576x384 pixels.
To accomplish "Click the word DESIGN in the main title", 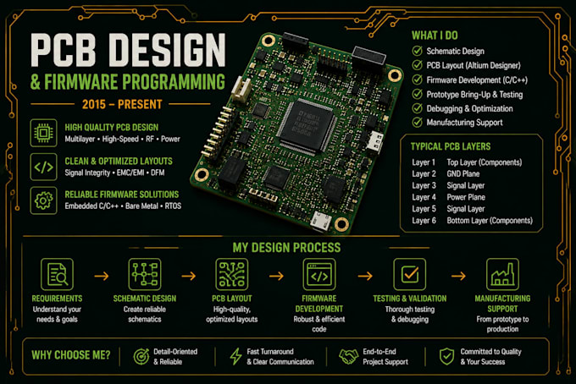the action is tap(168, 50).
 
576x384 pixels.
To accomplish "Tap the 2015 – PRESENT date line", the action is tap(122, 105).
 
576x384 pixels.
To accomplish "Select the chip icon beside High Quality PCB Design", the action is tap(43, 133).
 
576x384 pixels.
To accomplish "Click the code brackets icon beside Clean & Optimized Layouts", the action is tap(43, 167).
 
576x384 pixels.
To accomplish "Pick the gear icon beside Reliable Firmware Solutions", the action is tap(43, 200).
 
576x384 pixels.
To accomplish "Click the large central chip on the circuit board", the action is tap(307, 124).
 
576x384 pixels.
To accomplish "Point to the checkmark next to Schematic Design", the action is tap(418, 51).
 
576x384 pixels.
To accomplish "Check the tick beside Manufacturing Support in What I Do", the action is tap(418, 123).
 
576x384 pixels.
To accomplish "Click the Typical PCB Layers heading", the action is tap(451, 146).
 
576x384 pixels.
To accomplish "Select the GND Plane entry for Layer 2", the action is tap(462, 174).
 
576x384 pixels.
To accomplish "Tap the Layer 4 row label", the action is tap(424, 197).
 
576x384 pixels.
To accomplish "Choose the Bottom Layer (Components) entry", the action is tap(490, 221).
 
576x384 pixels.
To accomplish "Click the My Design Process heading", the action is tap(286, 248).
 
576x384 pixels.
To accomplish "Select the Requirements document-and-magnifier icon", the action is tap(57, 274).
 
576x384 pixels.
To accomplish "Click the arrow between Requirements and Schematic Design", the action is tap(102, 276).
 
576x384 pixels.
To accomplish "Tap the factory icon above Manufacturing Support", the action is tap(502, 274).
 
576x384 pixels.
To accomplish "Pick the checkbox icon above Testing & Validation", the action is tap(410, 274).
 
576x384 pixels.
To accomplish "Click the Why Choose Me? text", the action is tap(71, 355).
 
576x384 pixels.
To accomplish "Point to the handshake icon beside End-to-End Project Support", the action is tap(348, 356).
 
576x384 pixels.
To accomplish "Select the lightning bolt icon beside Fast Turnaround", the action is tap(235, 356).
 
